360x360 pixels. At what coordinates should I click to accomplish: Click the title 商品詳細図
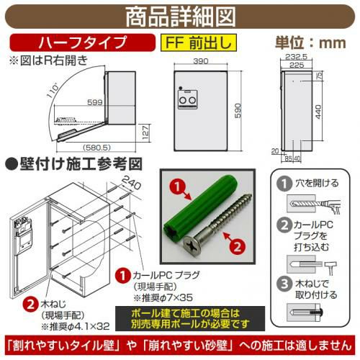point(181,17)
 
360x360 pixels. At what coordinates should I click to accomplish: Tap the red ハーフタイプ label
point(83,42)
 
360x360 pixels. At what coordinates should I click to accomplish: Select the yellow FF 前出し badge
point(199,42)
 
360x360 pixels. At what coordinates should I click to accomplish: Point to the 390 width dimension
point(201,61)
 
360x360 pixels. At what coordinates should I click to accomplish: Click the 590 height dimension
point(238,111)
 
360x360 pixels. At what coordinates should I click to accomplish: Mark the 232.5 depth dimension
point(297,57)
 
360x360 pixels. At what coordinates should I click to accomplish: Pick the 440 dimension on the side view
point(318,112)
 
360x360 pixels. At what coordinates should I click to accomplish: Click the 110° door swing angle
point(53,90)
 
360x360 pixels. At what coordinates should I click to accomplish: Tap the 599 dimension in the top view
point(95,102)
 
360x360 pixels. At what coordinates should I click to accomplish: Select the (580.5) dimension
point(96,147)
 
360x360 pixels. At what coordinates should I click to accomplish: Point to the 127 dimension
point(145,132)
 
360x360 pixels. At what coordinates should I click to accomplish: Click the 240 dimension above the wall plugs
point(132,183)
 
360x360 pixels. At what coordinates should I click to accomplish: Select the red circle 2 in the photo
point(238,246)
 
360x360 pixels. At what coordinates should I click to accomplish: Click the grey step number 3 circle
point(284,284)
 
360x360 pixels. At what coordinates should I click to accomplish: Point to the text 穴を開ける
point(317,183)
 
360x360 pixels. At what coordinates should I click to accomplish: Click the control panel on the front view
point(188,99)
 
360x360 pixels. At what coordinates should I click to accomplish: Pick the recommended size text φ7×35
point(176,298)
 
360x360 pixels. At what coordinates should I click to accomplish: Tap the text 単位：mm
point(310,42)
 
